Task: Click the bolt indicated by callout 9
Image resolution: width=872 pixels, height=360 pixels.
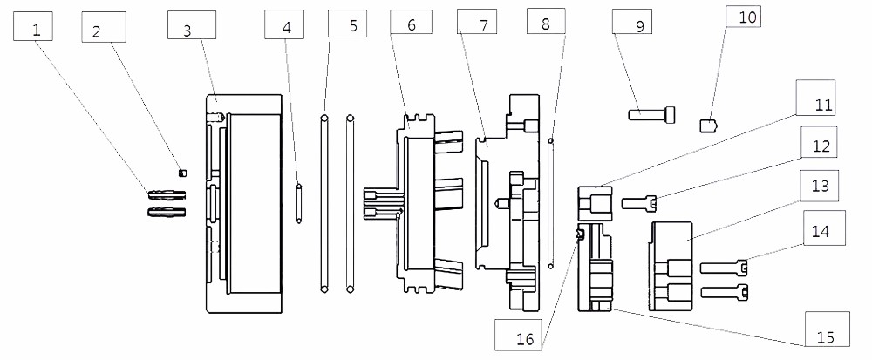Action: (650, 112)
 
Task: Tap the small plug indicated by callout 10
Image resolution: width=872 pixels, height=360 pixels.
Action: (709, 125)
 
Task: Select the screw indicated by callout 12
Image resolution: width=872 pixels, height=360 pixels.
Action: (639, 203)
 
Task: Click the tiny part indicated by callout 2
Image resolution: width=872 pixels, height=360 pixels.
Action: (182, 172)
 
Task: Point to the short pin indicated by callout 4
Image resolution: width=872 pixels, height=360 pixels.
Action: (299, 202)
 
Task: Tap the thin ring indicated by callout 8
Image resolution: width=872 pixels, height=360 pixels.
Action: (551, 200)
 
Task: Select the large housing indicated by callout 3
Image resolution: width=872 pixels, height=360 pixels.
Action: (243, 202)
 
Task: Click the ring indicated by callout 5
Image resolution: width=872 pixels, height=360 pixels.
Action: (324, 202)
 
